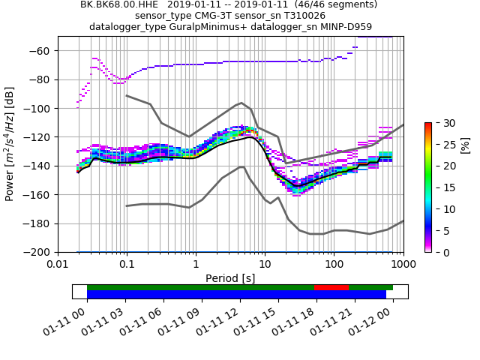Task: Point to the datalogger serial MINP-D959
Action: click(x=345, y=27)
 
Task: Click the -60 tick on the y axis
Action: click(x=43, y=51)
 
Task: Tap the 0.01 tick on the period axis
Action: click(x=58, y=265)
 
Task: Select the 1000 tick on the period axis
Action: click(x=403, y=265)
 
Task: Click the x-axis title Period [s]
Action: click(x=230, y=278)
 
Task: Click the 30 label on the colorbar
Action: click(x=443, y=122)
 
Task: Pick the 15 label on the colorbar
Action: click(x=443, y=187)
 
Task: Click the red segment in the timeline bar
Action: click(x=331, y=287)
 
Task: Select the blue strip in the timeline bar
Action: click(x=236, y=295)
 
